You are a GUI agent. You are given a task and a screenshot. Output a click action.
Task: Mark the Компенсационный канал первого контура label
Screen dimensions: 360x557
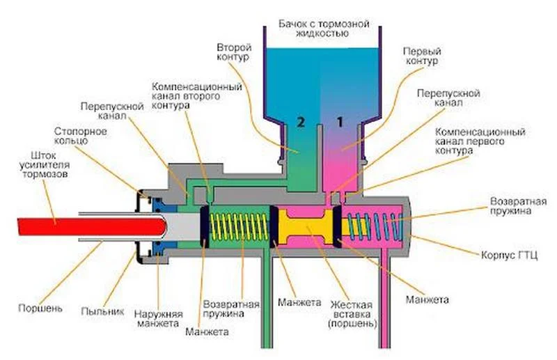480,142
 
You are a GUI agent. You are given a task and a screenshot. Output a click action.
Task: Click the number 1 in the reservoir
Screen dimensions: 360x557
340,122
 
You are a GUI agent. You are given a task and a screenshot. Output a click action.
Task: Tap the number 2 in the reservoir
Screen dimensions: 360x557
301,122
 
